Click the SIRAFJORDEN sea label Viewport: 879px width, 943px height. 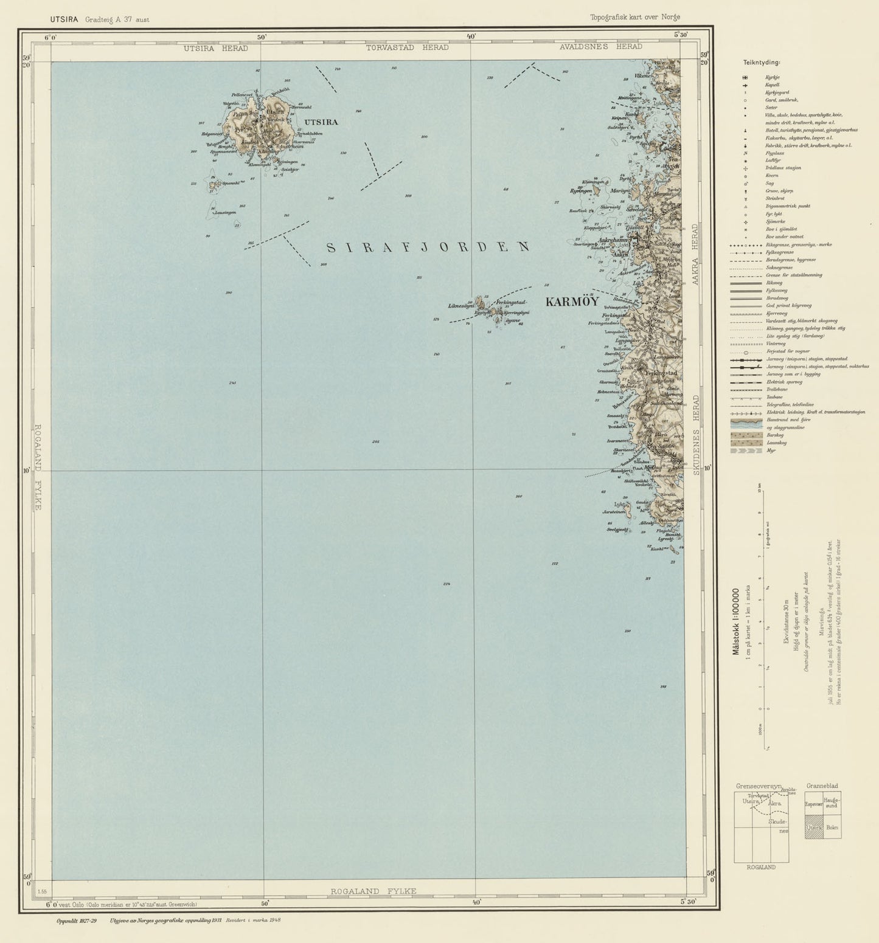tap(428, 247)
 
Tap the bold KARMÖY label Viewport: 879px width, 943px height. tap(572, 302)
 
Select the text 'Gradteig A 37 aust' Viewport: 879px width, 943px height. tap(117, 19)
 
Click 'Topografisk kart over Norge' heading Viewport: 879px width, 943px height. tap(634, 17)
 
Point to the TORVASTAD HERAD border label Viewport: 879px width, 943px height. tap(408, 47)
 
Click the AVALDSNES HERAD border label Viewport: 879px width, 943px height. tap(601, 47)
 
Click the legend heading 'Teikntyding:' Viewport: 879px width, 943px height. tap(762, 62)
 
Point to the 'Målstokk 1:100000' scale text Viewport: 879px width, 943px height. tap(735, 620)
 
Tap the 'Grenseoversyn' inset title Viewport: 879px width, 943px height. tap(757, 786)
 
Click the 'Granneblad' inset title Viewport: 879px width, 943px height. tap(822, 786)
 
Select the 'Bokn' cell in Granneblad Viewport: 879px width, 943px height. tap(832, 827)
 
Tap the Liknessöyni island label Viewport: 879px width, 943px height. tap(461, 306)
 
